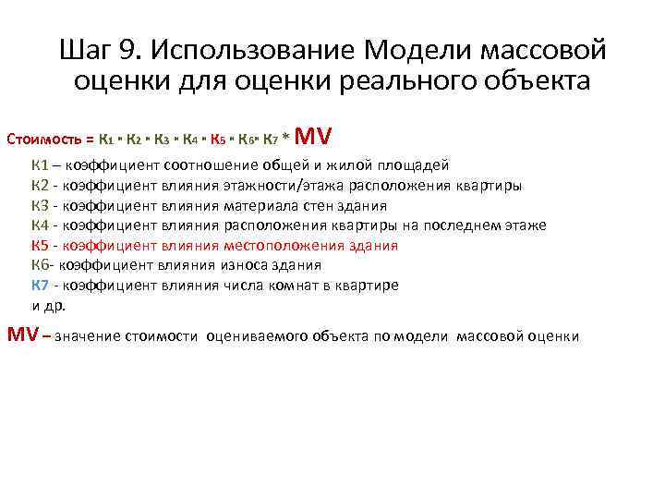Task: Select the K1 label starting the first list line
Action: click(40, 165)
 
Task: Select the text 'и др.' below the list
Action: click(49, 305)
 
